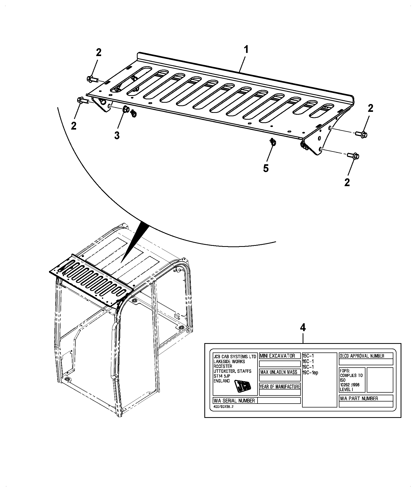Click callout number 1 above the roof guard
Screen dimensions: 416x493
coord(246,50)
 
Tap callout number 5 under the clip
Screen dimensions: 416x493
coord(266,168)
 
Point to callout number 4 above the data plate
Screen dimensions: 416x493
coord(303,328)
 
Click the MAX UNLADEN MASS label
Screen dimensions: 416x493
coord(279,372)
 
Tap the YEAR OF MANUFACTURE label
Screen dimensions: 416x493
coord(280,386)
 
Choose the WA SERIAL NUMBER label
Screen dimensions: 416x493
coord(234,400)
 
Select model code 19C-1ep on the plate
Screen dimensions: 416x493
coord(310,373)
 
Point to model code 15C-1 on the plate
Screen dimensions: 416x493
coord(308,356)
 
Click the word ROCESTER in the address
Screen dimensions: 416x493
coord(223,366)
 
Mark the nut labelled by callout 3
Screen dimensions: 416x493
coord(125,109)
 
